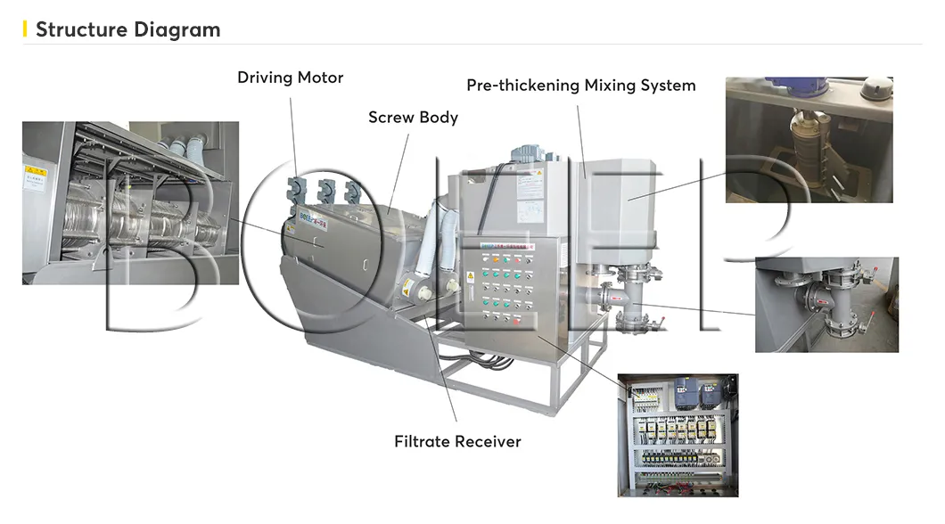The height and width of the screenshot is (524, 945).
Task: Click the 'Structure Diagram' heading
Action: point(127,29)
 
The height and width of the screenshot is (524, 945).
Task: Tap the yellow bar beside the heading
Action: point(25,29)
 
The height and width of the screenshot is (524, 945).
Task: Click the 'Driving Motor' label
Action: point(290,78)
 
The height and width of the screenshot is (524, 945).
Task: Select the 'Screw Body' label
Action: point(413,117)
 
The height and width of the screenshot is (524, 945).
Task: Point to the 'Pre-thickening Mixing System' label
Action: point(580,86)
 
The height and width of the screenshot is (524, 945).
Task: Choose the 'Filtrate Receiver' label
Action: point(457,441)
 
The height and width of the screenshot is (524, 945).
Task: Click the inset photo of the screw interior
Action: point(130,203)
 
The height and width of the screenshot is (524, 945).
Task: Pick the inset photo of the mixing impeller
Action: point(808,139)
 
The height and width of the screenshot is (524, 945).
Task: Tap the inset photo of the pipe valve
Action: point(826,304)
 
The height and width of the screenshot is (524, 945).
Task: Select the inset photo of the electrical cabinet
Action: point(678,434)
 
